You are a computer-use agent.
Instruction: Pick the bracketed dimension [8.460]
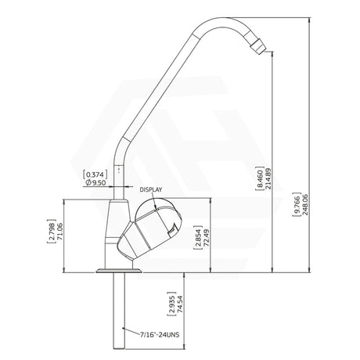tap(279, 177)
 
